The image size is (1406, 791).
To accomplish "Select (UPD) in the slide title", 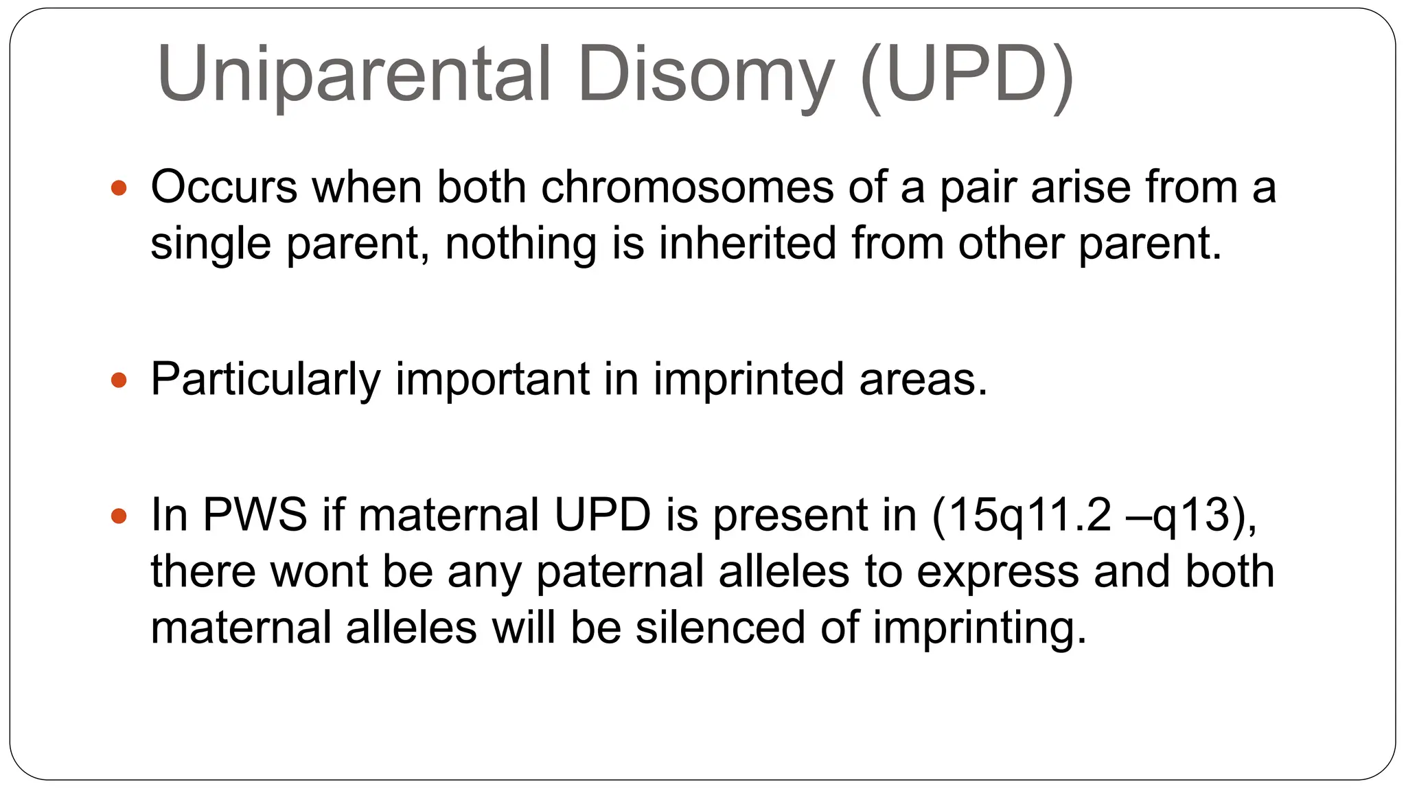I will click(x=967, y=74).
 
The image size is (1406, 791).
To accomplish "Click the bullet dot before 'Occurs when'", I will click(x=119, y=187).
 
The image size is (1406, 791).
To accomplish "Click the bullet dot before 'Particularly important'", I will click(x=119, y=380).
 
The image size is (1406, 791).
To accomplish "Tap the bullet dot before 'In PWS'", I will click(x=119, y=516).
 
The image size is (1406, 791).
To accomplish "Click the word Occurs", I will click(x=224, y=187).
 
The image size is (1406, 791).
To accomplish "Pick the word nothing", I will click(x=520, y=244).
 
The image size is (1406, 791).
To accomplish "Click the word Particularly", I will click(x=265, y=379).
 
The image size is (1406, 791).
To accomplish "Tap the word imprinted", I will click(x=748, y=379).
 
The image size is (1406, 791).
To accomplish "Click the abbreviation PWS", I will click(x=255, y=515).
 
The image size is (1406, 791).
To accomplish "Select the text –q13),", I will click(x=1194, y=515).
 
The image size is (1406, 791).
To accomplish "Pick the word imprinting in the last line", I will click(x=980, y=628).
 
